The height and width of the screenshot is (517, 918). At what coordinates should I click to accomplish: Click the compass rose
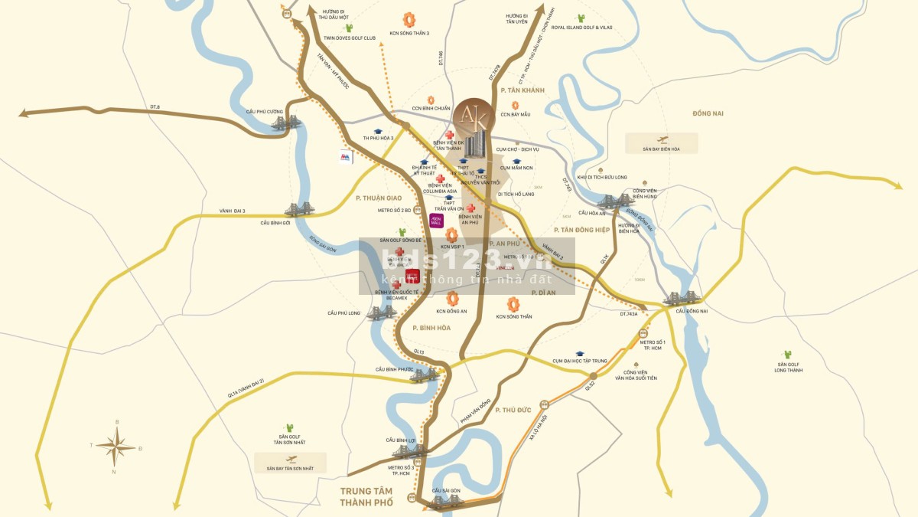(x=116, y=446)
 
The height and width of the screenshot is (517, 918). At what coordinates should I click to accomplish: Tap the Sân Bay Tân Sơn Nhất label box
(x=291, y=463)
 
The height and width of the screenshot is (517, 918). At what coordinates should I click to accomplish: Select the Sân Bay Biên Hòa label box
(x=662, y=143)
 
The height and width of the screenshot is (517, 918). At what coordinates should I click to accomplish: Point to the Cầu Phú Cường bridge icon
(x=286, y=123)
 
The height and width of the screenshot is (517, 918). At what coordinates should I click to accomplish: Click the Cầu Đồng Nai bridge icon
(x=679, y=298)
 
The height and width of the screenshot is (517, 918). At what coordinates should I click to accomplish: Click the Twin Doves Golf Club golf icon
(x=349, y=28)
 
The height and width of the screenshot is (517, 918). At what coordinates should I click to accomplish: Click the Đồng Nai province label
(x=708, y=113)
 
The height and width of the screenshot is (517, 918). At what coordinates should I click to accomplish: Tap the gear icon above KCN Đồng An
(x=452, y=298)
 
